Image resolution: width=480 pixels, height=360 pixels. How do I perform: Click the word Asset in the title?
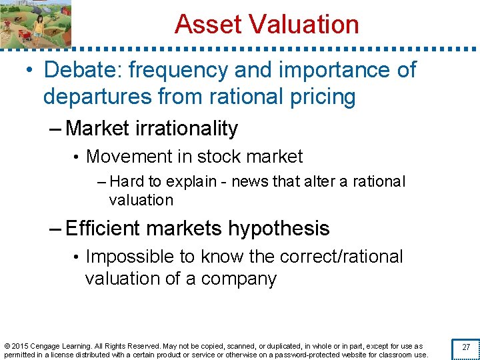[x=205, y=25]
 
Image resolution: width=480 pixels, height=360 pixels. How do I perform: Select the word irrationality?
[x=191, y=128]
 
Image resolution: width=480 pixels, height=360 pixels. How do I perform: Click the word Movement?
[x=127, y=157]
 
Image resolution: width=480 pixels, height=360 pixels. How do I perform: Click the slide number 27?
[x=465, y=347]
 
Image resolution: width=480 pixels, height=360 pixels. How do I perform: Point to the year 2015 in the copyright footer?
[x=19, y=346]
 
